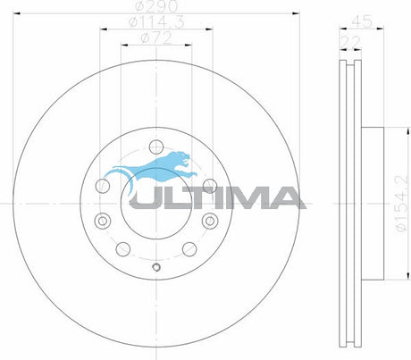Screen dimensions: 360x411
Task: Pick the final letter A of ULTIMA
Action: [285, 197]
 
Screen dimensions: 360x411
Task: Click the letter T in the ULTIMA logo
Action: [196, 197]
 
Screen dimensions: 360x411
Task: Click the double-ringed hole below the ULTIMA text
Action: [209, 221]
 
